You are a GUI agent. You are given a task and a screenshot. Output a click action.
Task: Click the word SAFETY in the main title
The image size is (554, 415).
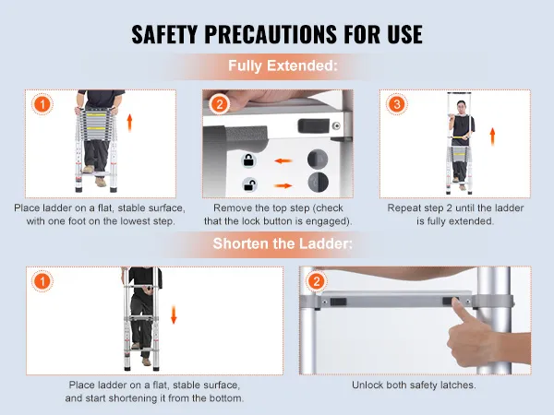[x=164, y=34]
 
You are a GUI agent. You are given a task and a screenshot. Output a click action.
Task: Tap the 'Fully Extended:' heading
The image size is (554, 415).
[x=283, y=66]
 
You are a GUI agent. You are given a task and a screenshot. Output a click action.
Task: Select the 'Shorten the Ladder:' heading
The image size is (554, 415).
[x=283, y=243]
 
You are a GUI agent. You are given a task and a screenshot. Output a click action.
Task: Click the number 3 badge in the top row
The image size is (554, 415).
[x=397, y=104]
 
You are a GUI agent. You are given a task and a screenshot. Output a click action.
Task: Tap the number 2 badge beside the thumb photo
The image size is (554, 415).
[x=316, y=281]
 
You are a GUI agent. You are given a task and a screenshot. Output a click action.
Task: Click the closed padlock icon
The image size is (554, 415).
[x=249, y=160]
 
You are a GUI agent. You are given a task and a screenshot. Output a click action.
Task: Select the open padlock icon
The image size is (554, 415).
[x=249, y=184]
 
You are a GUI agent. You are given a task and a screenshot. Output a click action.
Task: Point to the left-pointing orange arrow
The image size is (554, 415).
[x=283, y=160]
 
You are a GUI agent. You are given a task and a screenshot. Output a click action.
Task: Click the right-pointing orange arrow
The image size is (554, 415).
[x=283, y=185]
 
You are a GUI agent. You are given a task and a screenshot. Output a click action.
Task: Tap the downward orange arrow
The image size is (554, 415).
[x=174, y=314]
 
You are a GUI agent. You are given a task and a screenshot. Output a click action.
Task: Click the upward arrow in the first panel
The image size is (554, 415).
[x=129, y=123]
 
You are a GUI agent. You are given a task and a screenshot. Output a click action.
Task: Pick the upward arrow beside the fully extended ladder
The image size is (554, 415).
[x=492, y=136]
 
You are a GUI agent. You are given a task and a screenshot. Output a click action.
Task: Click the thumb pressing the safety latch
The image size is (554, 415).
[x=459, y=310]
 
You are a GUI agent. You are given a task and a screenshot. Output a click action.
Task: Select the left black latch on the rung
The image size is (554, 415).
[x=339, y=302]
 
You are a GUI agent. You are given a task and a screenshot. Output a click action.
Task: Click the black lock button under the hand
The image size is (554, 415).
[x=309, y=126]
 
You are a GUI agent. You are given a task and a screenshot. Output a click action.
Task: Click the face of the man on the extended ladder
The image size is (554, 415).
[x=460, y=106]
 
